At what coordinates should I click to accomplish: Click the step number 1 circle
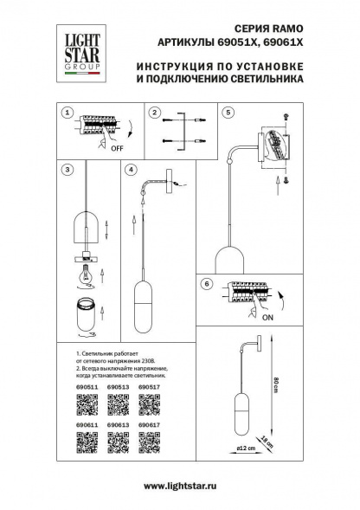[67, 113]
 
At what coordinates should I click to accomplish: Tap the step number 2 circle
[153, 113]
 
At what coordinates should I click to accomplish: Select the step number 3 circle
[67, 170]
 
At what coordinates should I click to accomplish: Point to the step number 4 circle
[131, 170]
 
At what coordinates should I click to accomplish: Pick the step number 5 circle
[228, 113]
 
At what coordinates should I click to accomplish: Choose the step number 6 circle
[205, 284]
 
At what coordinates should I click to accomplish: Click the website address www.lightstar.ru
[180, 487]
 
